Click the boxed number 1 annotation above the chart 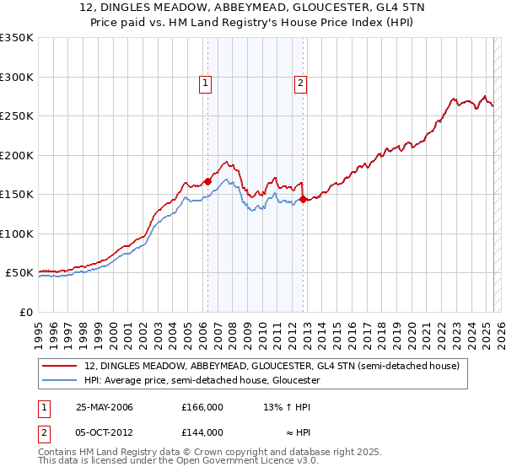coord(207,83)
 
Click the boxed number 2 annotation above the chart coord(301,83)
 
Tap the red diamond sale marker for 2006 coord(207,182)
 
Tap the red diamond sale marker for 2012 coord(303,200)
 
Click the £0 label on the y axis coord(26,312)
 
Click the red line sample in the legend coord(58,367)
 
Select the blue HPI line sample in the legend coord(58,381)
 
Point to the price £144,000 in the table coord(202,432)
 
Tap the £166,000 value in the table coord(202,407)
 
